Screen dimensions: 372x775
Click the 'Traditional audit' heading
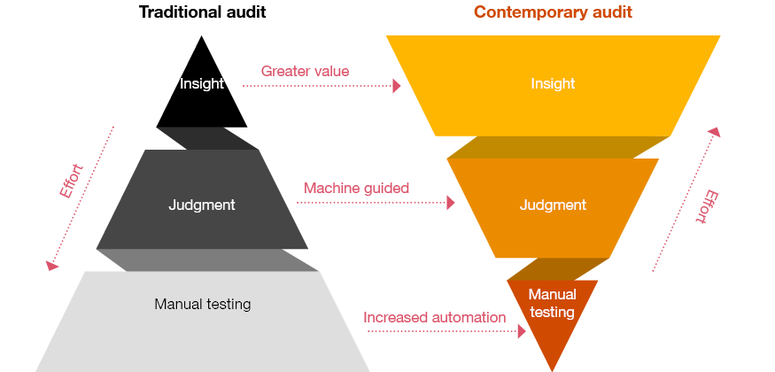click(x=202, y=12)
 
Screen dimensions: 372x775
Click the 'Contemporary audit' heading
click(x=553, y=12)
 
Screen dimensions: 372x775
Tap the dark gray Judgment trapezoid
click(x=202, y=221)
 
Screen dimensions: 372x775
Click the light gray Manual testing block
click(x=202, y=332)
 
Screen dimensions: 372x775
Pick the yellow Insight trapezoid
click(x=553, y=106)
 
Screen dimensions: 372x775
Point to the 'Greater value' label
click(x=305, y=71)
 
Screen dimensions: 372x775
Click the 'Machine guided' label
click(x=356, y=188)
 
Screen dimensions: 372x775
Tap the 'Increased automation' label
click(x=435, y=317)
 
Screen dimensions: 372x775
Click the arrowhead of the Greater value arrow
click(x=397, y=86)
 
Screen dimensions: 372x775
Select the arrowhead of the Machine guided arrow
click(x=450, y=203)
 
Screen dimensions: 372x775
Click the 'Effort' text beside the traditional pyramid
click(x=71, y=181)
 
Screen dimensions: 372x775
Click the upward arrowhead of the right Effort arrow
click(x=715, y=131)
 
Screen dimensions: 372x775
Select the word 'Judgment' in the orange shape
click(x=553, y=205)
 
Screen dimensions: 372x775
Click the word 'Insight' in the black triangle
click(x=202, y=84)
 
